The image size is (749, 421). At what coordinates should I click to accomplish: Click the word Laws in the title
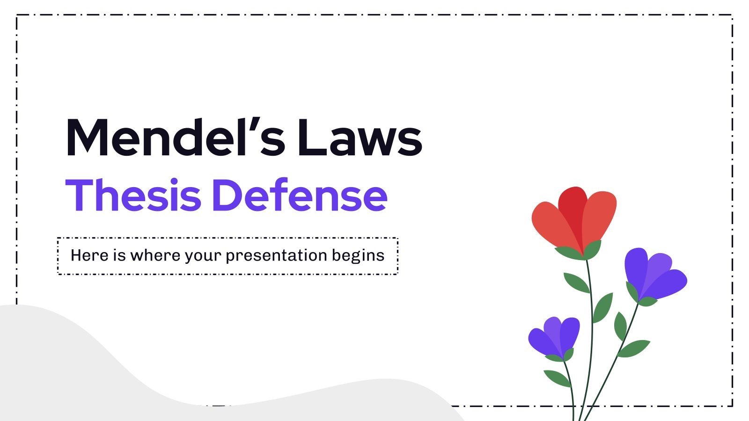point(360,138)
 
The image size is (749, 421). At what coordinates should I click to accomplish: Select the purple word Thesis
point(133,195)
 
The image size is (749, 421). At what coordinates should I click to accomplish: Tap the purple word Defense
point(300,195)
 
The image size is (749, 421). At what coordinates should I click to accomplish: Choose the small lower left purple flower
point(554,335)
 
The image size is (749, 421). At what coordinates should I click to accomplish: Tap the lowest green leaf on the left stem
point(557,377)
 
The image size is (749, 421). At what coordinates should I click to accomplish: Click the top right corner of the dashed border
point(732,15)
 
